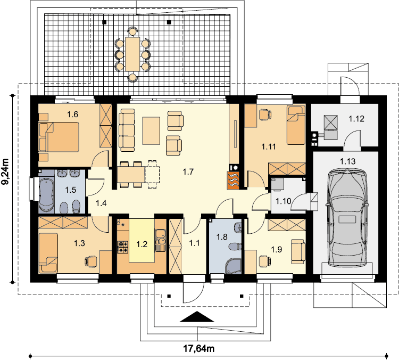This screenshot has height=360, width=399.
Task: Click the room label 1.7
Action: (188, 172)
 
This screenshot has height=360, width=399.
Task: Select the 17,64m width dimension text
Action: (199, 348)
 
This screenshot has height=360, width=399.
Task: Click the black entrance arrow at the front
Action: (197, 317)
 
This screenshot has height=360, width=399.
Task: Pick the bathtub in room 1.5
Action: (46, 195)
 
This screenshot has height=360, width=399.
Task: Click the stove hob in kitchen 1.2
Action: (123, 247)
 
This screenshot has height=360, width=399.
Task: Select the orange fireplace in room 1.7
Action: (233, 180)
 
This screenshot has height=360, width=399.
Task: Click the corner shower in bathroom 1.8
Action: (233, 266)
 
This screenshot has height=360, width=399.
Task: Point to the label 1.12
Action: (356, 119)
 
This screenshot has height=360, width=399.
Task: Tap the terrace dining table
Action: (132, 54)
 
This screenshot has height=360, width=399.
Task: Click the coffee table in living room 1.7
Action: (151, 130)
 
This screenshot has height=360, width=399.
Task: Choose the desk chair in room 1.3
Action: (91, 261)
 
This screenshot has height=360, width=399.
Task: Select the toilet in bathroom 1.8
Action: (235, 247)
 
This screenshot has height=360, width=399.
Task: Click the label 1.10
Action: (283, 201)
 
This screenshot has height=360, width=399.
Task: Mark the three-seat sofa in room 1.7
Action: (127, 130)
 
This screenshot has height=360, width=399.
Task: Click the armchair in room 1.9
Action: (298, 251)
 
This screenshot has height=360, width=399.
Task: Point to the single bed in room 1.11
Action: (296, 125)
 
